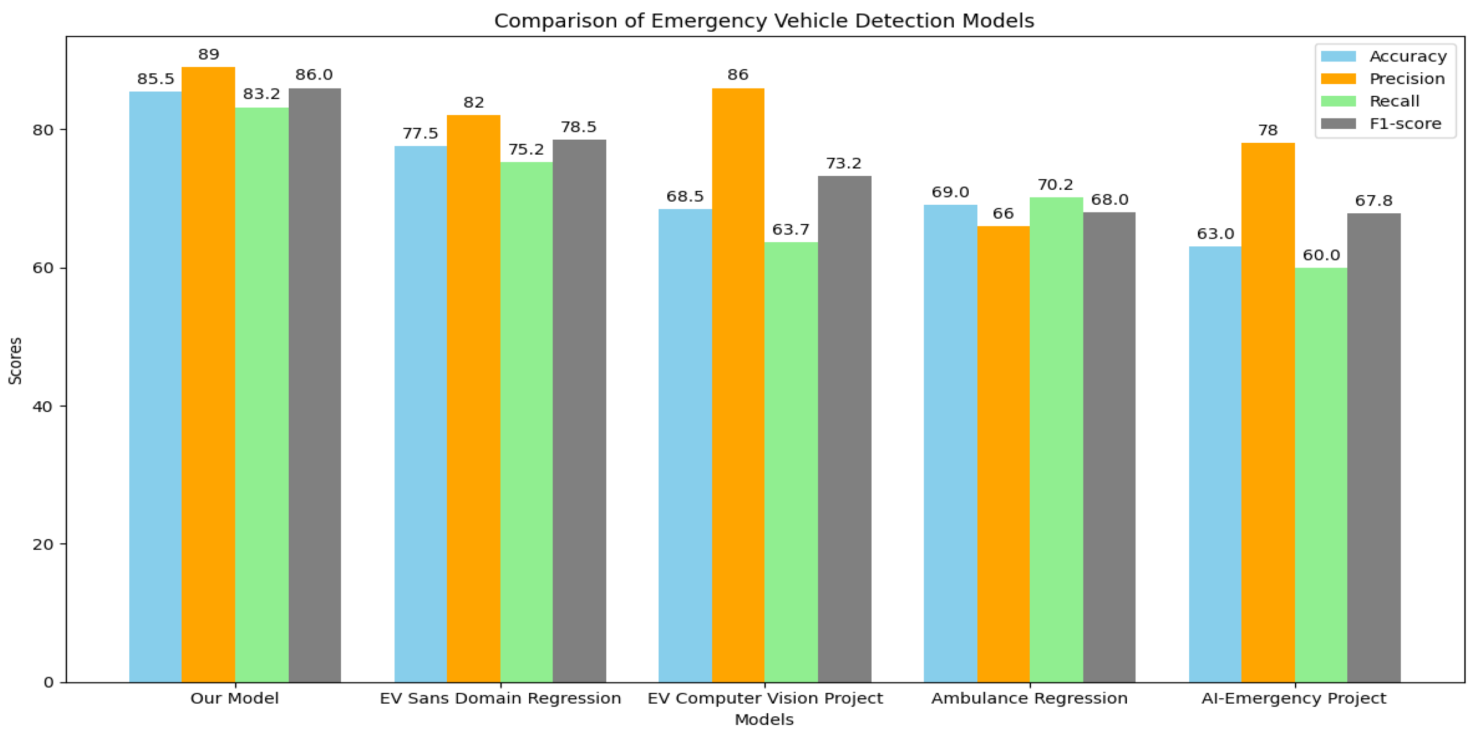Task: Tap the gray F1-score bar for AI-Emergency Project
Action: [1374, 447]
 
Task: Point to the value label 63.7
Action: [791, 230]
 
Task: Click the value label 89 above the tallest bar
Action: [209, 55]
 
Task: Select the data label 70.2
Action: [1055, 185]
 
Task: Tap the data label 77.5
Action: [420, 134]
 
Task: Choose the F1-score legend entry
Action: [1405, 124]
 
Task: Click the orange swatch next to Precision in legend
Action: [1338, 79]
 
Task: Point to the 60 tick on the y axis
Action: [42, 268]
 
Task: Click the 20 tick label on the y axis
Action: [42, 544]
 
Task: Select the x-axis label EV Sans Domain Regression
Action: [500, 698]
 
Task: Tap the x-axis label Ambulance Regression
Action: [1029, 698]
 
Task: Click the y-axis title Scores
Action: [15, 361]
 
